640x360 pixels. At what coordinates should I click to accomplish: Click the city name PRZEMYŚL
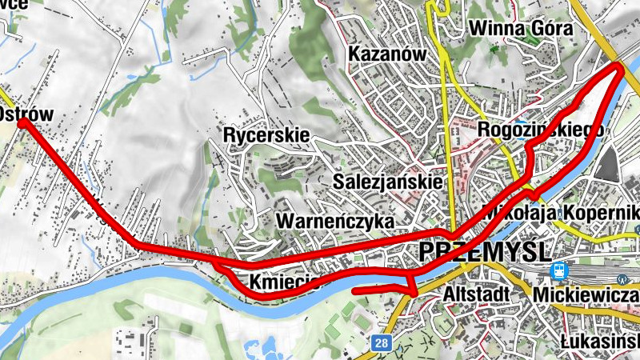tap(485, 251)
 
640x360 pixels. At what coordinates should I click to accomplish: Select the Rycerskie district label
tap(266, 135)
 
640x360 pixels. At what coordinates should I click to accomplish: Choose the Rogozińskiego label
tap(539, 130)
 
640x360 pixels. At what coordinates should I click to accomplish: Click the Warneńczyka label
tap(335, 220)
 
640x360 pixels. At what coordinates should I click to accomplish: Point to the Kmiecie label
tap(284, 282)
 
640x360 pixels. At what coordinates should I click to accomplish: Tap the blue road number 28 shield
tap(381, 343)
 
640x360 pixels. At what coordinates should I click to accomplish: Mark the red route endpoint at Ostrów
tap(22, 122)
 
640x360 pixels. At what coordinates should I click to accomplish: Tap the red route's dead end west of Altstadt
tap(354, 290)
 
